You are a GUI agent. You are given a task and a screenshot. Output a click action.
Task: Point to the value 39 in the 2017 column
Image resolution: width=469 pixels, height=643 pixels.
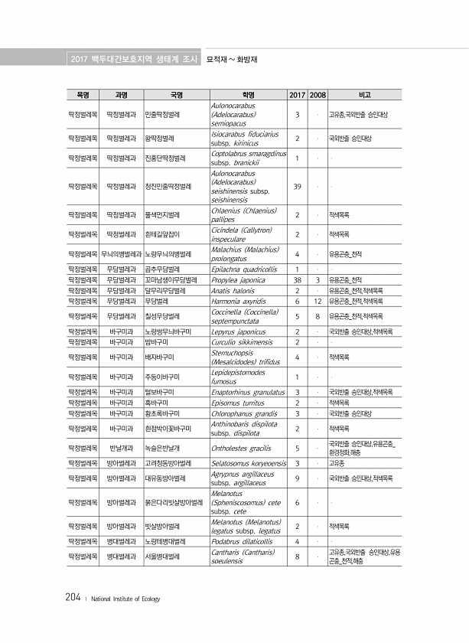pyautogui.click(x=296, y=187)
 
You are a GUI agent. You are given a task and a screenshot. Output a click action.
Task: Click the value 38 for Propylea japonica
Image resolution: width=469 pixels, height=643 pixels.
pyautogui.click(x=296, y=280)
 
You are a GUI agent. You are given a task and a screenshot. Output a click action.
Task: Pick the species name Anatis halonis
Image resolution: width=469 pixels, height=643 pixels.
pyautogui.click(x=233, y=291)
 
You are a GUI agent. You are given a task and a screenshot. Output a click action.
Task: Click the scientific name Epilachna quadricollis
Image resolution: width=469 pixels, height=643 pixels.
pyautogui.click(x=243, y=269)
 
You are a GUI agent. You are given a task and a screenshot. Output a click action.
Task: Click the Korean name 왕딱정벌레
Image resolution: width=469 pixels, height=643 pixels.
pyautogui.click(x=160, y=139)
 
